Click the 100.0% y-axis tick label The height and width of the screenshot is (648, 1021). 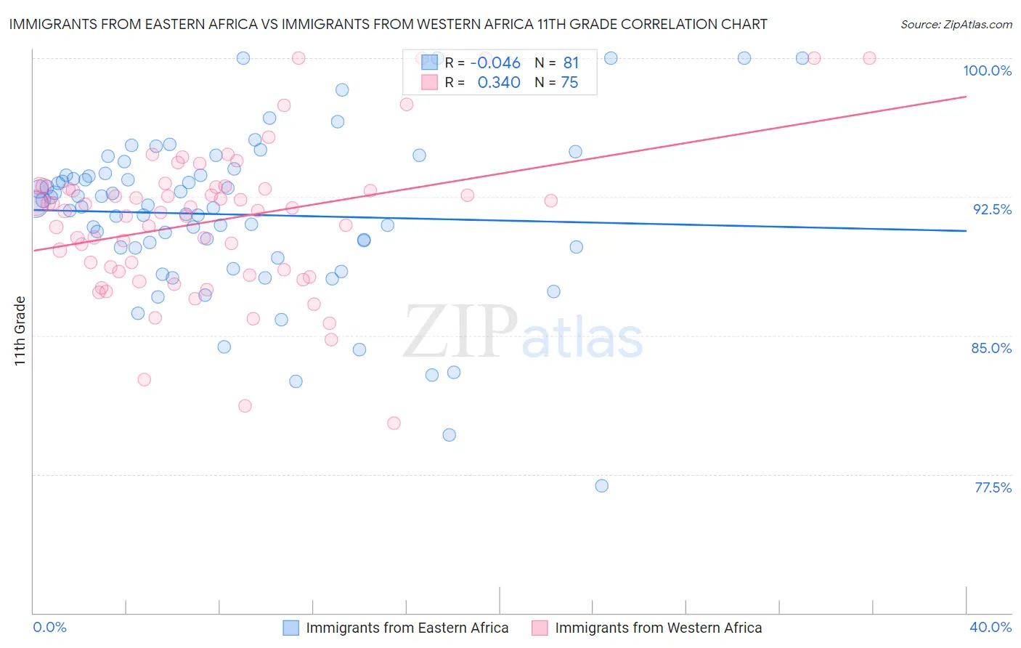[x=987, y=70]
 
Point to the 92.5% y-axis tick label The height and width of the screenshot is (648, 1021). [x=992, y=209]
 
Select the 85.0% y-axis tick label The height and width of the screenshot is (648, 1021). [x=991, y=348]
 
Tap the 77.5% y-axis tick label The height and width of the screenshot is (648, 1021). [x=993, y=487]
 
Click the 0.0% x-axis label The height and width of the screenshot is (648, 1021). [x=49, y=627]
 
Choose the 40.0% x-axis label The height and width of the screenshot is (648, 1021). [x=991, y=627]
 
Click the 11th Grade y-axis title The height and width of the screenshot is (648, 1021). [x=20, y=331]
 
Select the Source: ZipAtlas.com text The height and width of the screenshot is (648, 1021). [x=956, y=25]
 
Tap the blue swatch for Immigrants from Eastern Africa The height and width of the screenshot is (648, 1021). [x=290, y=628]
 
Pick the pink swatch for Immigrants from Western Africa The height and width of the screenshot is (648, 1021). [x=540, y=628]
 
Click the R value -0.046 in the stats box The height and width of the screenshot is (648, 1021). [x=495, y=63]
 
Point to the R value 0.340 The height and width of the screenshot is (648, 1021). [x=499, y=83]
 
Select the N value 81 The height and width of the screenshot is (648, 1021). [x=571, y=63]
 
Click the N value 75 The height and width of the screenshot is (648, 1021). [x=569, y=83]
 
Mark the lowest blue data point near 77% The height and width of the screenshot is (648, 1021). [x=601, y=486]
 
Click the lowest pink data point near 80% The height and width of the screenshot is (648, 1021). [x=394, y=423]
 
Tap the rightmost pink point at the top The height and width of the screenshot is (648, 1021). [x=869, y=58]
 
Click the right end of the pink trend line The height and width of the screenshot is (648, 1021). [x=966, y=97]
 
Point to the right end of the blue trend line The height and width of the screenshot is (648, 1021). [x=966, y=230]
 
